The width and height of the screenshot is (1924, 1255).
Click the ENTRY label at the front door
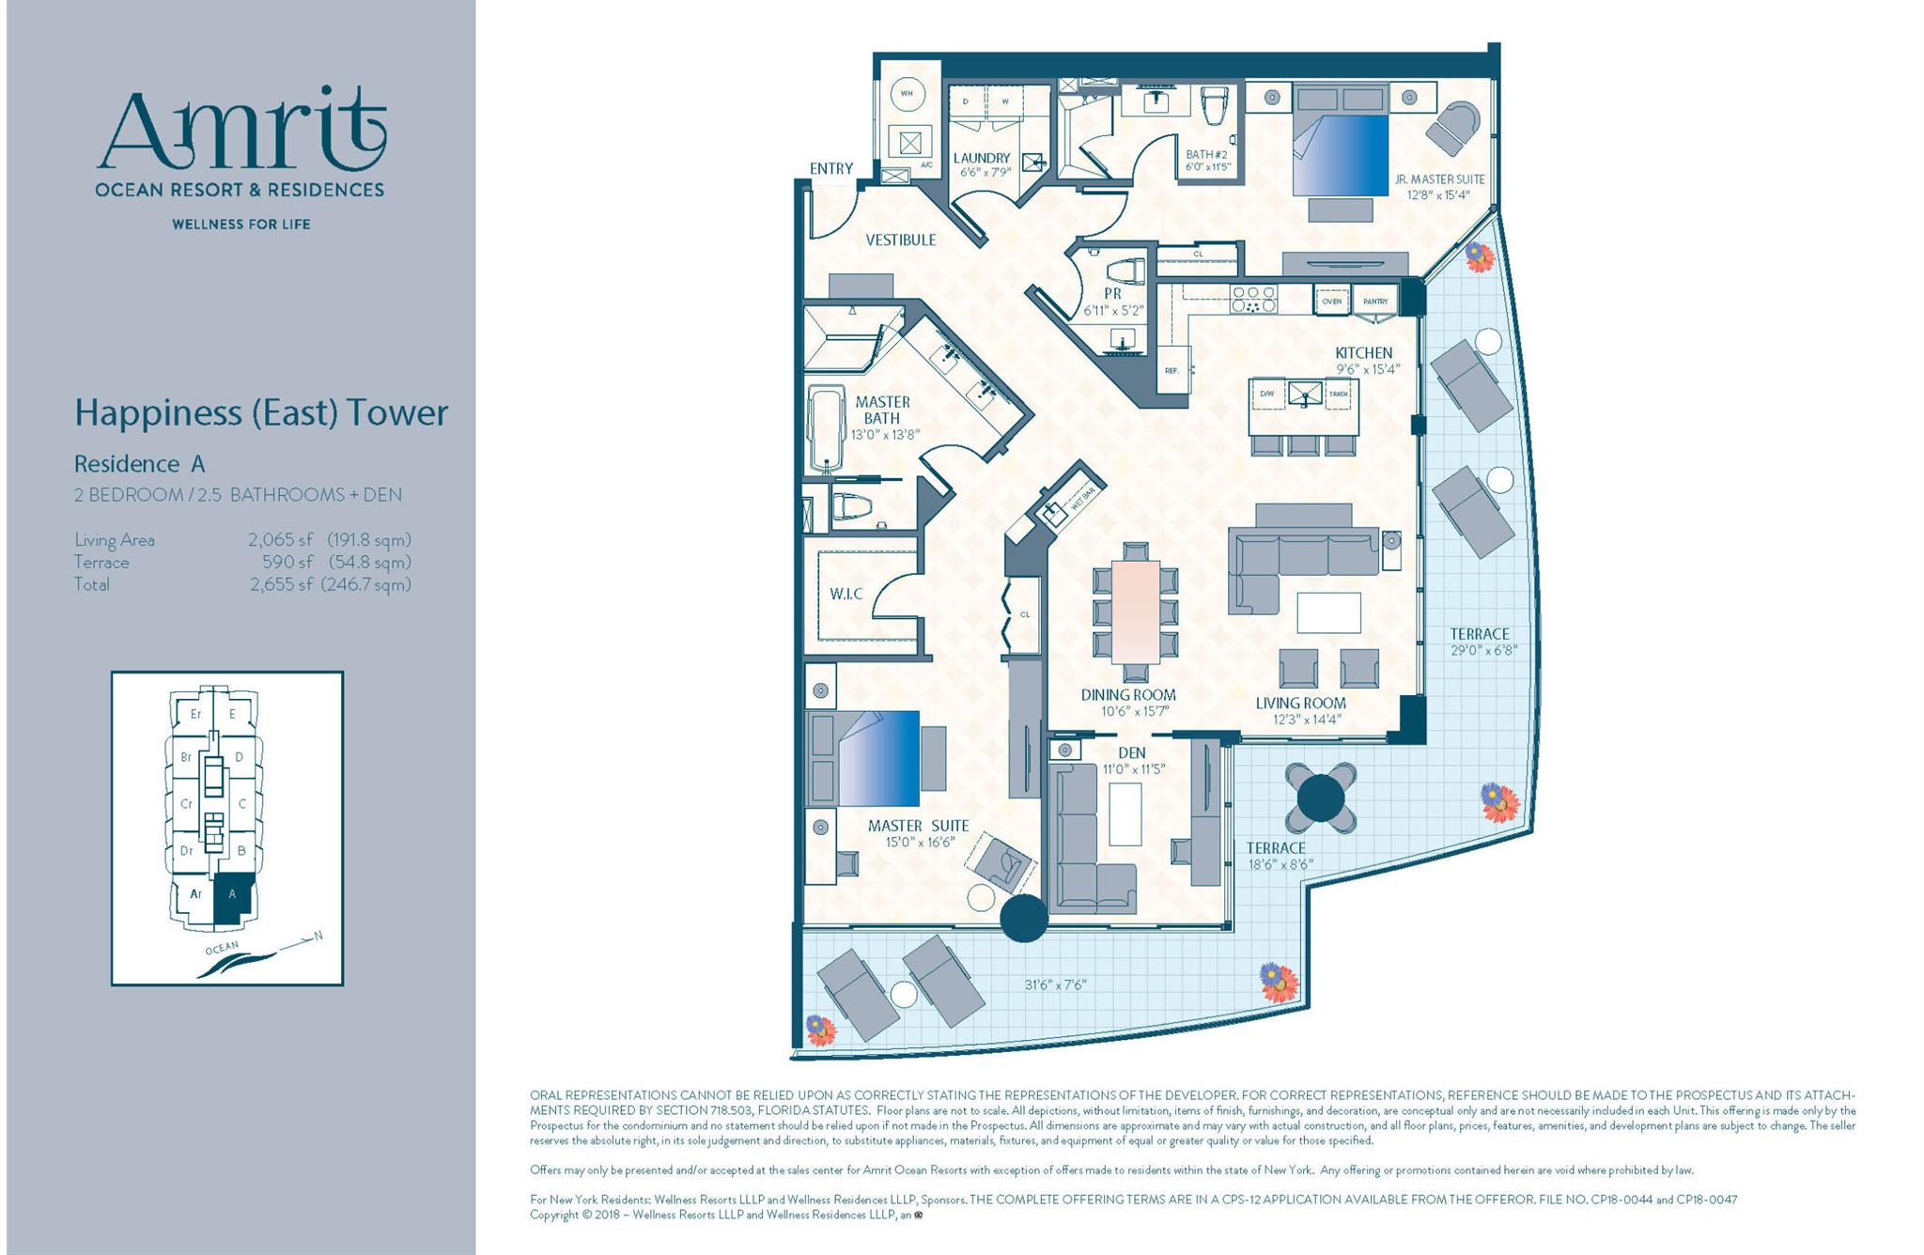coord(830,169)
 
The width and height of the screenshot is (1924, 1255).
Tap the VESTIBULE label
coord(900,240)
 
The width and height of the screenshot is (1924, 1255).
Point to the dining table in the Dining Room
coord(1135,612)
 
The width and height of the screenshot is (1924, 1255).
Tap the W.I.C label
coord(846,594)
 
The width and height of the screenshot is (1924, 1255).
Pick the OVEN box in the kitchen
coord(1331,302)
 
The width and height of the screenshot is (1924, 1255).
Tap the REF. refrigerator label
coord(1171,370)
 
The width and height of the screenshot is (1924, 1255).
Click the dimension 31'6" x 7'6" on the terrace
coord(1055,984)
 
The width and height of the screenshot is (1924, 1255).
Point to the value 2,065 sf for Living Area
coord(280,540)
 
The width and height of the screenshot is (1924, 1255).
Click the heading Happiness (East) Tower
coord(261,413)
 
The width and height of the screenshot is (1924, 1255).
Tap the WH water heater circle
coord(907,94)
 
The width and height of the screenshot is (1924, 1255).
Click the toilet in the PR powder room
coord(1125,272)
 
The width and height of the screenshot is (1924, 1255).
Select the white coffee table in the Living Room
coord(1328,612)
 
